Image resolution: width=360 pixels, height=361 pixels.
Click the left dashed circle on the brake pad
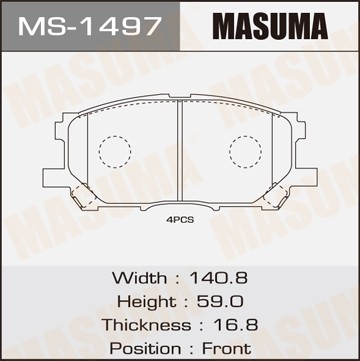[116, 150]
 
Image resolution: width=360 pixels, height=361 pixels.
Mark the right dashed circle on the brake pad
[244, 150]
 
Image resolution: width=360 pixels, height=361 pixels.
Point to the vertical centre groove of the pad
[179, 150]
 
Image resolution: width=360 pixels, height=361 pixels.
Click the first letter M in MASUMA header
[204, 24]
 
